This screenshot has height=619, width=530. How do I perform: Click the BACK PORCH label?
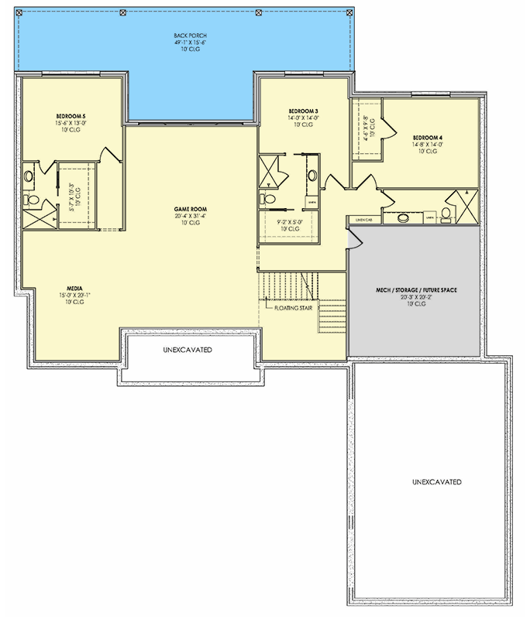[x=190, y=36]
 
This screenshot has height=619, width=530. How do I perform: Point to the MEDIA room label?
[x=74, y=287]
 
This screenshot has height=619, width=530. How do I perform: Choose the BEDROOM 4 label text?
[x=428, y=137]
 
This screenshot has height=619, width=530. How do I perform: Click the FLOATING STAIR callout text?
[x=291, y=307]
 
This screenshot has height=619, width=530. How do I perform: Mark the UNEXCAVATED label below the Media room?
[x=188, y=350]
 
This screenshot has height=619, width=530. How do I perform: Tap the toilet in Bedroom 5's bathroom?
[x=32, y=200]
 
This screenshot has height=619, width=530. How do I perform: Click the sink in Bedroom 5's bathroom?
[x=29, y=176]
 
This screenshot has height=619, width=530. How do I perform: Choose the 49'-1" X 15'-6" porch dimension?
[x=190, y=43]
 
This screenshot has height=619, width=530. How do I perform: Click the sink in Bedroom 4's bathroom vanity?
[x=404, y=217]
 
